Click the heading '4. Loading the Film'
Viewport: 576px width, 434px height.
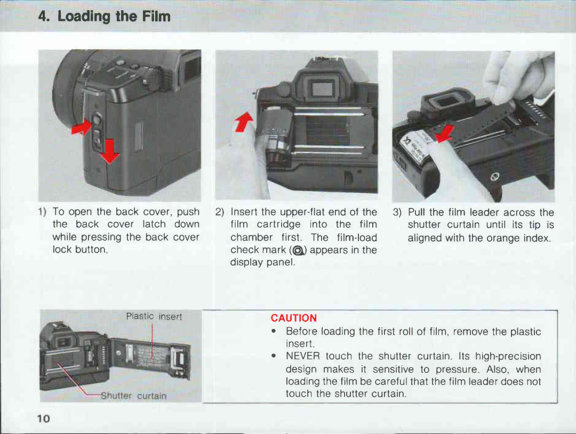(105, 17)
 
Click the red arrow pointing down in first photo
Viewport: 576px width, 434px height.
(109, 150)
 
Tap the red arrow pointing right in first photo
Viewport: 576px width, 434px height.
(82, 127)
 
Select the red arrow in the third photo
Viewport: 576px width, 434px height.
(445, 134)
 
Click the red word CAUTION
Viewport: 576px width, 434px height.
(293, 318)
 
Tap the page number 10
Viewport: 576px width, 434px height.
(43, 419)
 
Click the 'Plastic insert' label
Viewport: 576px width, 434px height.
(154, 316)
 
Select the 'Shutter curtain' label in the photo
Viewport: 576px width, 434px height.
(131, 396)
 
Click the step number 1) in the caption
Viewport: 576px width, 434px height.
(42, 212)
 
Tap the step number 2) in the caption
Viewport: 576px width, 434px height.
(220, 212)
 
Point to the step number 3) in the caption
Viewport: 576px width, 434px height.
(397, 212)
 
